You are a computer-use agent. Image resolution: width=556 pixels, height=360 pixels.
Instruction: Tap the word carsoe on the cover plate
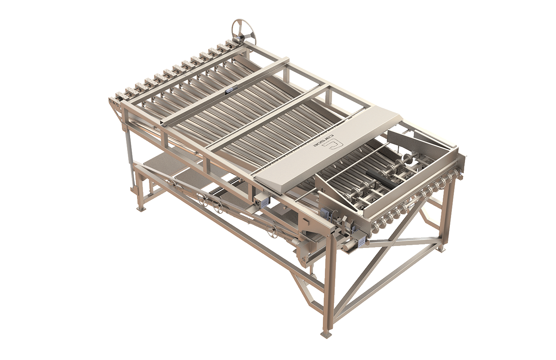pos(325,143)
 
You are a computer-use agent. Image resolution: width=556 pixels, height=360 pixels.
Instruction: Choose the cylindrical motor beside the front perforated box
pos(348,247)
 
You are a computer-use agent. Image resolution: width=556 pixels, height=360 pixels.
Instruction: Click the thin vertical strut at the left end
pos(129,159)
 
